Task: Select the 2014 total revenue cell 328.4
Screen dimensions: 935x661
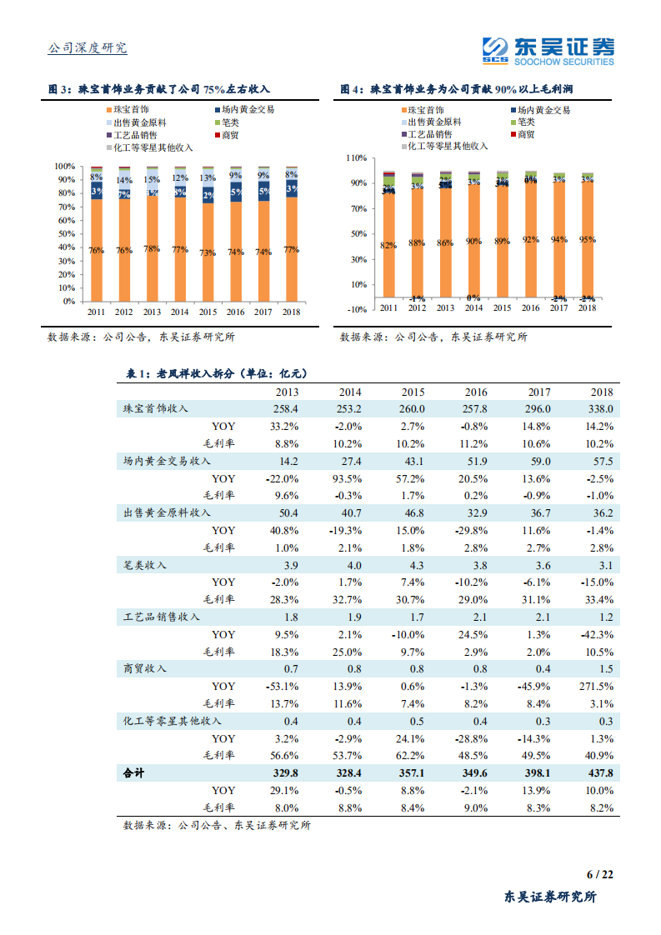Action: click(349, 773)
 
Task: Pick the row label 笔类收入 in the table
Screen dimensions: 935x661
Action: click(145, 565)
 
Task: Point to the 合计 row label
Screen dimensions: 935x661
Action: click(133, 773)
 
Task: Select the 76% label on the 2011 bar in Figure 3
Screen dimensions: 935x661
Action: click(97, 251)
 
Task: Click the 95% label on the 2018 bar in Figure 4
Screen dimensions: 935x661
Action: click(588, 240)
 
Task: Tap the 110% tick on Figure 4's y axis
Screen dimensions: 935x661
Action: click(357, 157)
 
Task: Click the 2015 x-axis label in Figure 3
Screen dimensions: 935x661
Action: click(208, 312)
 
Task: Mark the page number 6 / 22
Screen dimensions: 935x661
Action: click(599, 874)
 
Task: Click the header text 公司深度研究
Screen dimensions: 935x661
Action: click(88, 48)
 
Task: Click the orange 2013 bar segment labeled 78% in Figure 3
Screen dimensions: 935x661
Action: click(152, 250)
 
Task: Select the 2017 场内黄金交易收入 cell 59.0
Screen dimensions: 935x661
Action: click(538, 461)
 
